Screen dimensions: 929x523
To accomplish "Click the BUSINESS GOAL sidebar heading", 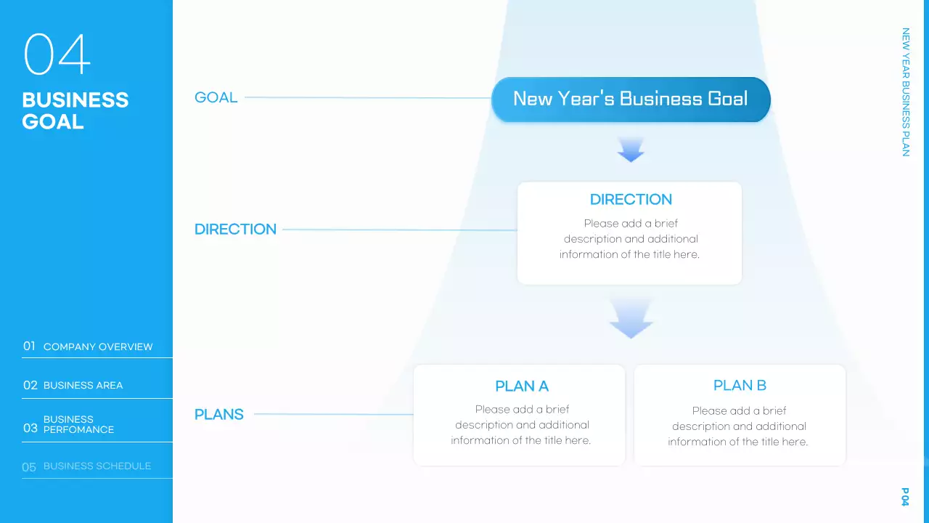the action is coord(75,110).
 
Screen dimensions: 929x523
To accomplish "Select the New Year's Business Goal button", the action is coord(630,99).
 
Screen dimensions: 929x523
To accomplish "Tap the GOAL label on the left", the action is coord(216,97).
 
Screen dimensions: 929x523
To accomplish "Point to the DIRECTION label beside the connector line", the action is coord(235,229).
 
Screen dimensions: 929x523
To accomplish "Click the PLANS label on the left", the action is coord(218,414).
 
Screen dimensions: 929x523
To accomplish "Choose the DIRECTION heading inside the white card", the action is coord(631,199).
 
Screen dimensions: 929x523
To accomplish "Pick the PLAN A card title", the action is coord(521,386).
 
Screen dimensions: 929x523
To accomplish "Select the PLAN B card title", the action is coord(740,385).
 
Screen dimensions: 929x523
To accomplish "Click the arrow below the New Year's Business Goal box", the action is coord(631,150).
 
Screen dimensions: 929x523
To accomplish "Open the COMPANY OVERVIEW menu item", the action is coord(98,346).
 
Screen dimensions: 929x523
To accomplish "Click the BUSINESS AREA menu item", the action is coord(83,385).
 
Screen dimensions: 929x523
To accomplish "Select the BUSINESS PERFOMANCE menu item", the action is coord(78,424).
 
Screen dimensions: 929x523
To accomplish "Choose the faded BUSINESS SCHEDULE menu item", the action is coord(97,466).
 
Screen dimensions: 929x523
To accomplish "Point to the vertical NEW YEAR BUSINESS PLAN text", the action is coord(905,92).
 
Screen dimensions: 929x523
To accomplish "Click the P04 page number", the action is coord(905,497).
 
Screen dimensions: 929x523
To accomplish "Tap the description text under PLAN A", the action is coord(521,425).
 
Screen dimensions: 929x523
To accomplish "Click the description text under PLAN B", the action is coord(738,426).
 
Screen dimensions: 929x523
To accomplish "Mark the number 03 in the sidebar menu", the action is coord(30,428).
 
